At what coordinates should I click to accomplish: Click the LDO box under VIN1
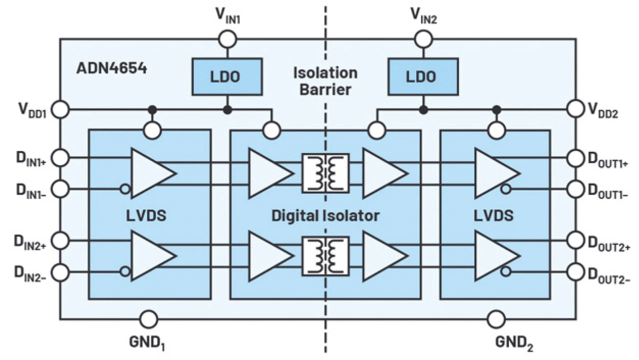pos(227,76)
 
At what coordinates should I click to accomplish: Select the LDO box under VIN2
pos(423,76)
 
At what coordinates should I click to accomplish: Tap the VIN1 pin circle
pos(228,38)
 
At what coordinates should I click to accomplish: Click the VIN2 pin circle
pos(423,38)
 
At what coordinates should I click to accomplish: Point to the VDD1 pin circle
pos(60,109)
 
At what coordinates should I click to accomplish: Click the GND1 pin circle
pos(148,319)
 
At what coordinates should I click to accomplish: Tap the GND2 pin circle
pos(496,319)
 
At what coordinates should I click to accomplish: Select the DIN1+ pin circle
pos(60,158)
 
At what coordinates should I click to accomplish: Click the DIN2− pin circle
pos(60,272)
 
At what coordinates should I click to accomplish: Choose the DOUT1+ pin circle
pos(576,158)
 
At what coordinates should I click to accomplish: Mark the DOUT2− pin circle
pos(576,272)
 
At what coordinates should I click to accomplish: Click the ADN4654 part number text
pos(112,68)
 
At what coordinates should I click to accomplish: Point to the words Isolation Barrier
pos(325,81)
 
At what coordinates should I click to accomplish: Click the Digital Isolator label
pos(325,216)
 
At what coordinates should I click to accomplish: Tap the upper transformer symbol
pos(325,173)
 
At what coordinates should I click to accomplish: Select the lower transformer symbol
pos(325,256)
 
